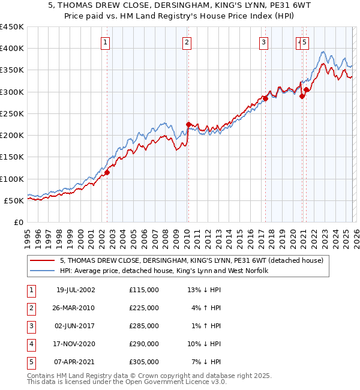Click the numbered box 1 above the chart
[x=105, y=42]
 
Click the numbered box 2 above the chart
[x=187, y=42]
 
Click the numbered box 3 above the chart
[x=263, y=42]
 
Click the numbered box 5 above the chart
[x=305, y=42]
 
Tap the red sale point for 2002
[x=107, y=173]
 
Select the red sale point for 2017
[x=265, y=98]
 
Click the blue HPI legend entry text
[x=164, y=271]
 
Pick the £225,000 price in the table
[x=144, y=308]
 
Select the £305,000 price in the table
[x=144, y=362]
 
